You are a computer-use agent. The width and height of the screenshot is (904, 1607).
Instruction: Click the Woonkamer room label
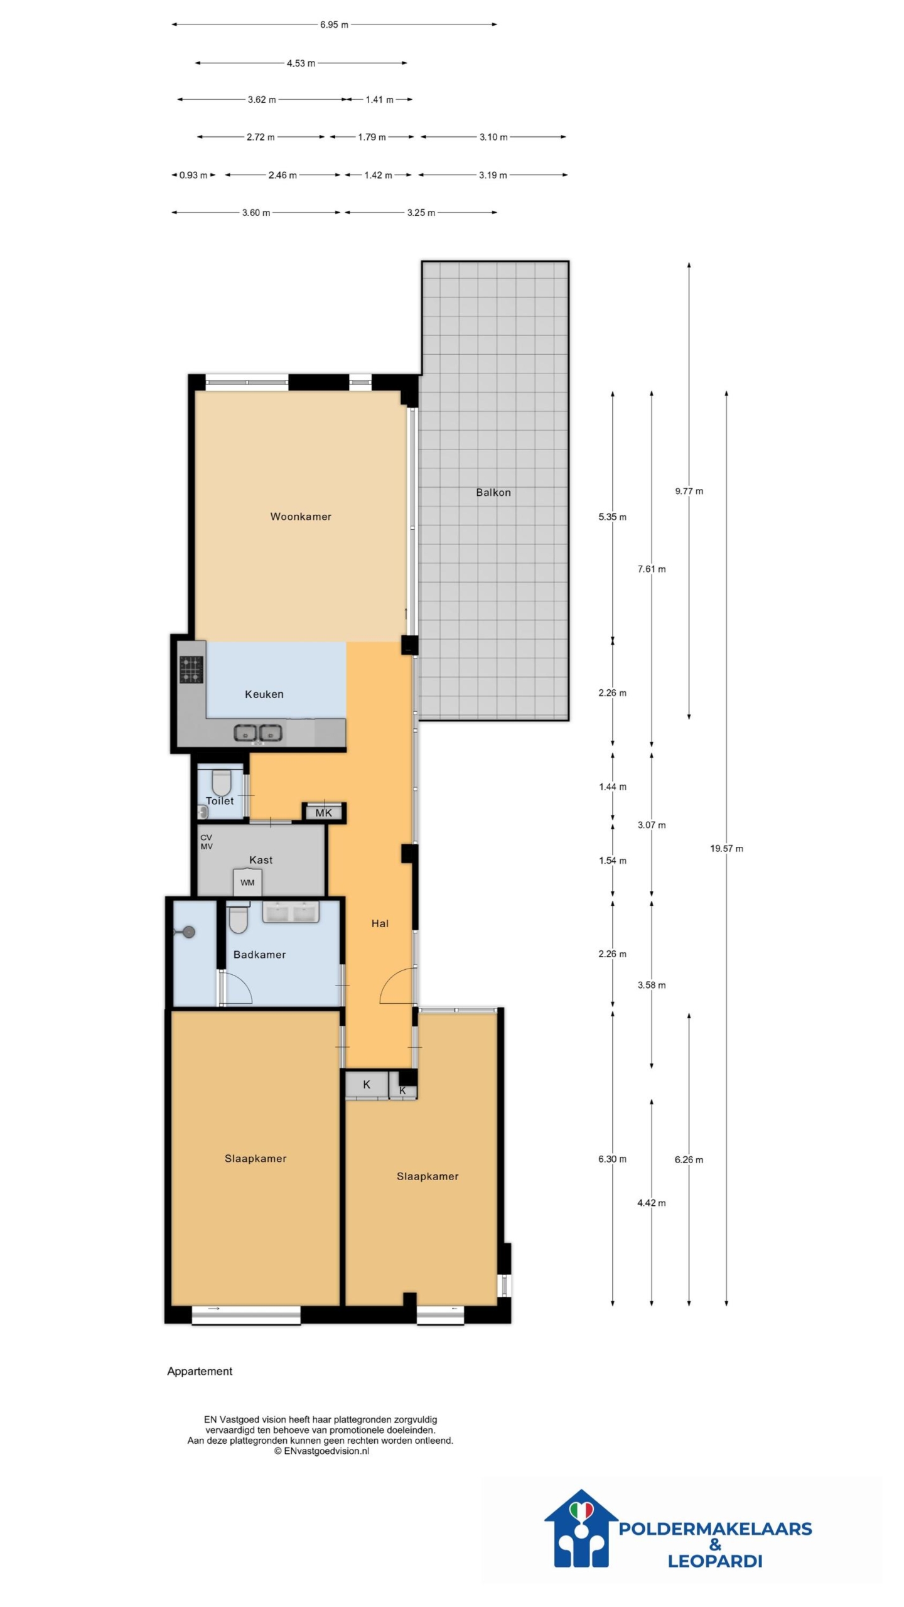(x=301, y=517)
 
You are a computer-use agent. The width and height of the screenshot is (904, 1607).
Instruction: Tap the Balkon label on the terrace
(x=493, y=492)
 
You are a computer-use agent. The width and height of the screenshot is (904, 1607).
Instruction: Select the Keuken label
(x=264, y=694)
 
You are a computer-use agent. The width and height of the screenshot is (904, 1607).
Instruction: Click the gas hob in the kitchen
(x=191, y=669)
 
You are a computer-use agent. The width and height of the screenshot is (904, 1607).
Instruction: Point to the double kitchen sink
(x=258, y=733)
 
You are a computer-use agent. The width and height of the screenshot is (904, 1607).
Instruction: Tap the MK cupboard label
(x=324, y=813)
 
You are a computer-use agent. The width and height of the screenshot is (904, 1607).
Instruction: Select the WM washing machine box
(x=247, y=882)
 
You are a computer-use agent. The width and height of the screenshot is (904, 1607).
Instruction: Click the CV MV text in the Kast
(x=207, y=842)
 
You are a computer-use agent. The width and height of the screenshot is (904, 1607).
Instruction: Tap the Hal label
(x=380, y=923)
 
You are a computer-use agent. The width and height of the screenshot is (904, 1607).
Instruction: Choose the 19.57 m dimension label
(x=726, y=849)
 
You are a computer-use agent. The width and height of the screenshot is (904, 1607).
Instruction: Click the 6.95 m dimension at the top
(x=334, y=25)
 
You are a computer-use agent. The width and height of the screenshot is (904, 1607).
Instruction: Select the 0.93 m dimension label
(x=193, y=175)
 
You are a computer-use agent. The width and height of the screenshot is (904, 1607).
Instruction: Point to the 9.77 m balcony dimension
(x=689, y=491)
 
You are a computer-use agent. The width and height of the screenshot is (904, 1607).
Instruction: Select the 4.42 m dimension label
(x=652, y=1203)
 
